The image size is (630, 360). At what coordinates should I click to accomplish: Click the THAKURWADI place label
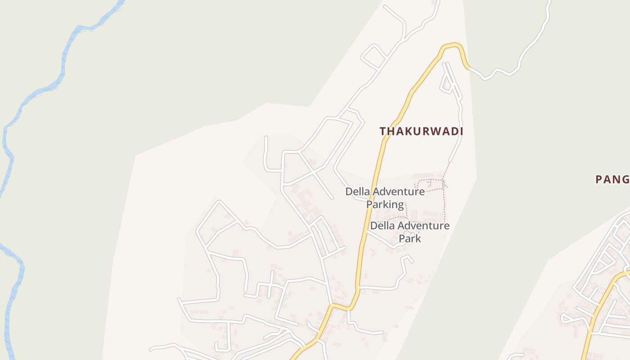[421, 131]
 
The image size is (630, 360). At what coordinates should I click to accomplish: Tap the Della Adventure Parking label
[385, 198]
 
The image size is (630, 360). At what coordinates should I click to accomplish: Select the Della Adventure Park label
[409, 232]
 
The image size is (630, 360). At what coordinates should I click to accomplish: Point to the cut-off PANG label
[612, 180]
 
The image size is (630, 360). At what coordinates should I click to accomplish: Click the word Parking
[385, 204]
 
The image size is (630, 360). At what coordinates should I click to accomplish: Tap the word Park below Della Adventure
[410, 238]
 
